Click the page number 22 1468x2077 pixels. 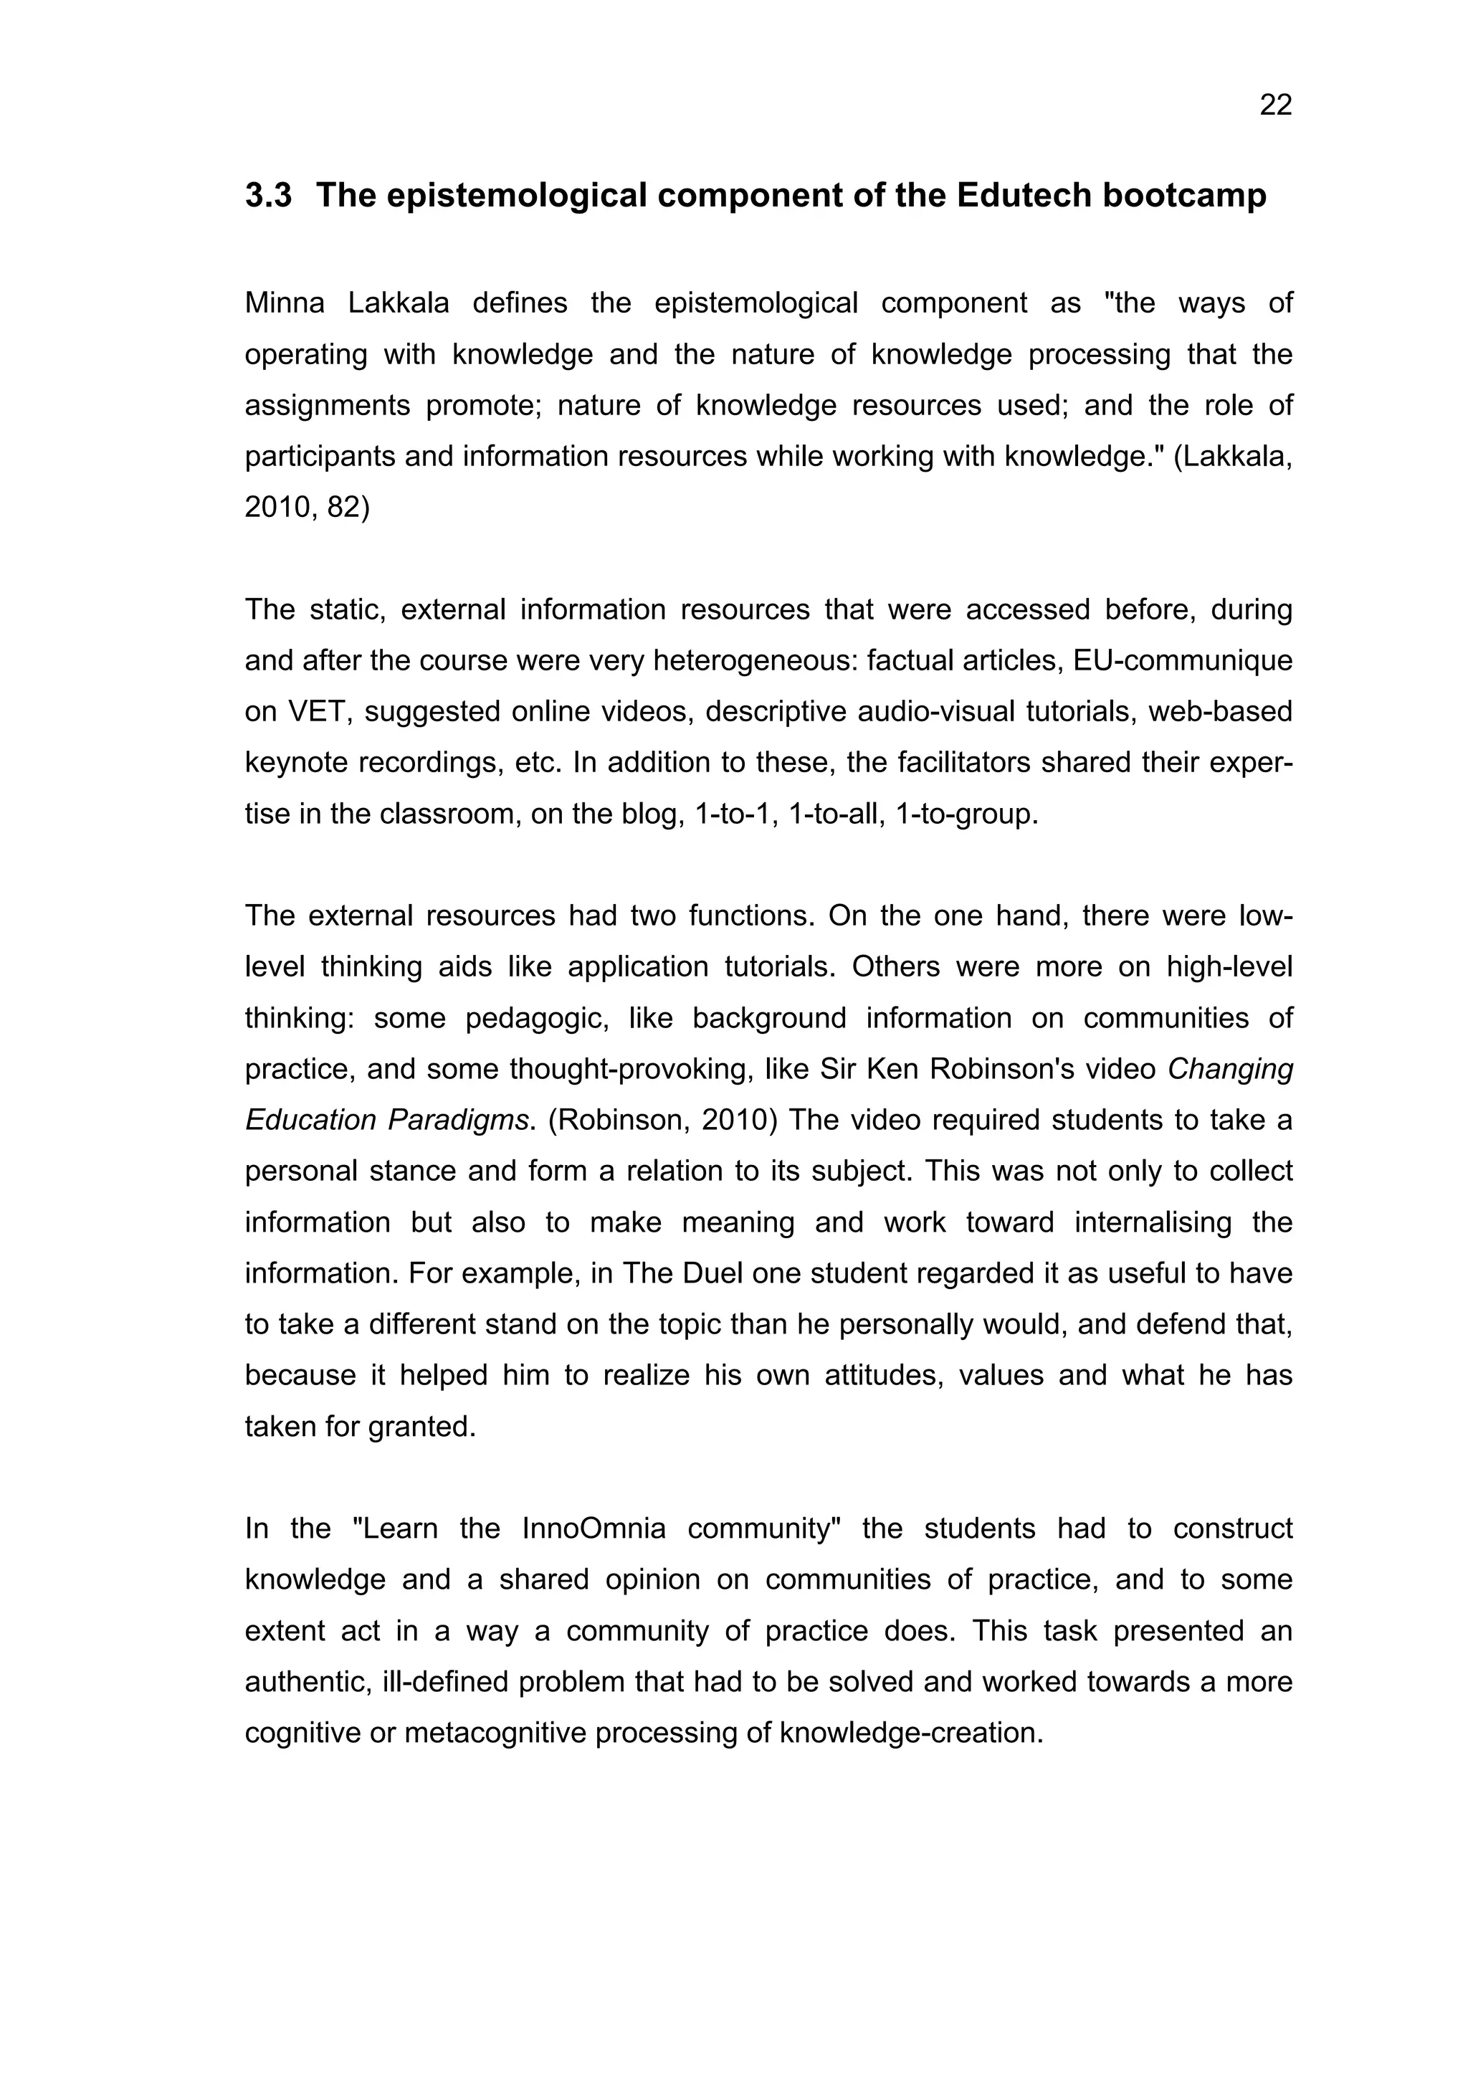[1275, 106]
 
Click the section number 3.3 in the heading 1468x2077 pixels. [269, 196]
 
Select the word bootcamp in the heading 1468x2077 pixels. [1184, 196]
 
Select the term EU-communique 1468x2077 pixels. [1182, 661]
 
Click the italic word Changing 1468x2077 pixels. [1230, 1069]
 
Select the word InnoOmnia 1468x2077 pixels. [594, 1529]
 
